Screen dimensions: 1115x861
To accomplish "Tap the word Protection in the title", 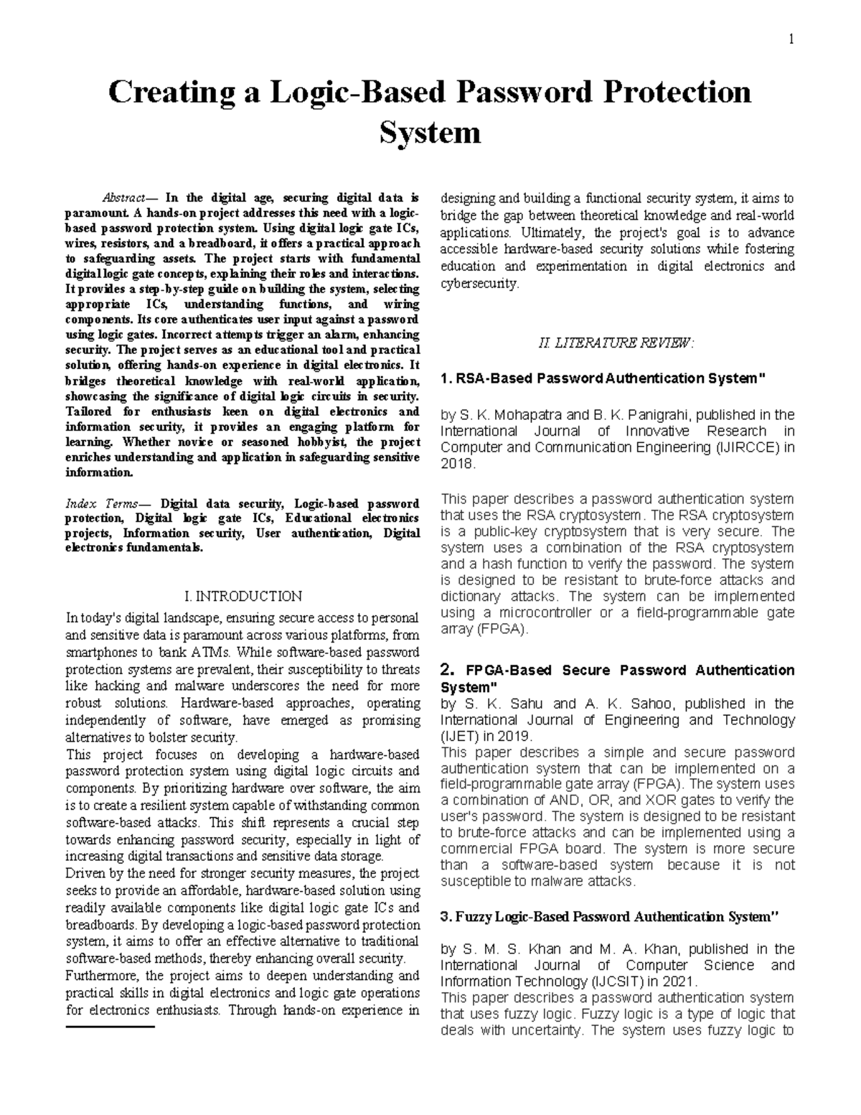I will click(x=677, y=93).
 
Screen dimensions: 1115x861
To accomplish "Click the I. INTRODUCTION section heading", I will click(x=243, y=596).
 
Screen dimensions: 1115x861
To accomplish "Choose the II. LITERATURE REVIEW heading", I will click(x=616, y=343).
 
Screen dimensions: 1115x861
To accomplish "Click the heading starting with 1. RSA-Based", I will click(x=603, y=378).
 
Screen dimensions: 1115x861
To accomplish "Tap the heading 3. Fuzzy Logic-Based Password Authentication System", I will click(x=609, y=917).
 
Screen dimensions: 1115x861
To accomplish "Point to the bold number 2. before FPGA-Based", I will click(x=447, y=671).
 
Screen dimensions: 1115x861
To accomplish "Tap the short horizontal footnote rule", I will click(x=110, y=1028).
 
